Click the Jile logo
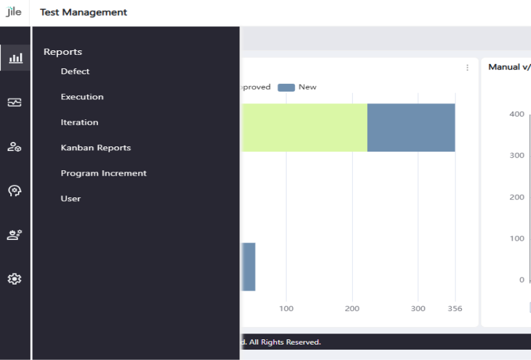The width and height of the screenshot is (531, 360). click(x=14, y=12)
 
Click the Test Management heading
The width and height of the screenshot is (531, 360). click(x=84, y=12)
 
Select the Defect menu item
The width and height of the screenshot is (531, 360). click(x=75, y=72)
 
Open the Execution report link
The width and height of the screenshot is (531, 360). click(x=83, y=97)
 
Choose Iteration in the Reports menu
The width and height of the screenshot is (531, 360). click(x=79, y=122)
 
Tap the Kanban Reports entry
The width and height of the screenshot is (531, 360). click(x=96, y=148)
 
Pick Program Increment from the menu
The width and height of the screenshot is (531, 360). click(x=104, y=173)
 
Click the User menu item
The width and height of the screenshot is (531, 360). click(x=71, y=199)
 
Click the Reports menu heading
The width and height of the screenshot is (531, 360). click(x=63, y=52)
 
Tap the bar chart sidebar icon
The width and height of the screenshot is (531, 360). click(x=15, y=58)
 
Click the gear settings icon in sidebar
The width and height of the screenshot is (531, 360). click(x=15, y=279)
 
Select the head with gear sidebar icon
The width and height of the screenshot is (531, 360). click(x=15, y=191)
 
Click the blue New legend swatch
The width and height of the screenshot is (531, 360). click(x=286, y=87)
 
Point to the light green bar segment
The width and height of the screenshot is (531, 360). click(x=304, y=128)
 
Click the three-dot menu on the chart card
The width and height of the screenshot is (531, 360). click(x=467, y=68)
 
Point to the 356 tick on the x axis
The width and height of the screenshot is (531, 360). click(x=455, y=308)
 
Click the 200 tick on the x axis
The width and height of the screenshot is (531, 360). click(x=352, y=308)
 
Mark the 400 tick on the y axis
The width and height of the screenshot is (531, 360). click(x=517, y=114)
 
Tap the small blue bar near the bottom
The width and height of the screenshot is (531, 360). click(x=248, y=267)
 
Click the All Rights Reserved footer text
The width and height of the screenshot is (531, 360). click(x=285, y=342)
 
